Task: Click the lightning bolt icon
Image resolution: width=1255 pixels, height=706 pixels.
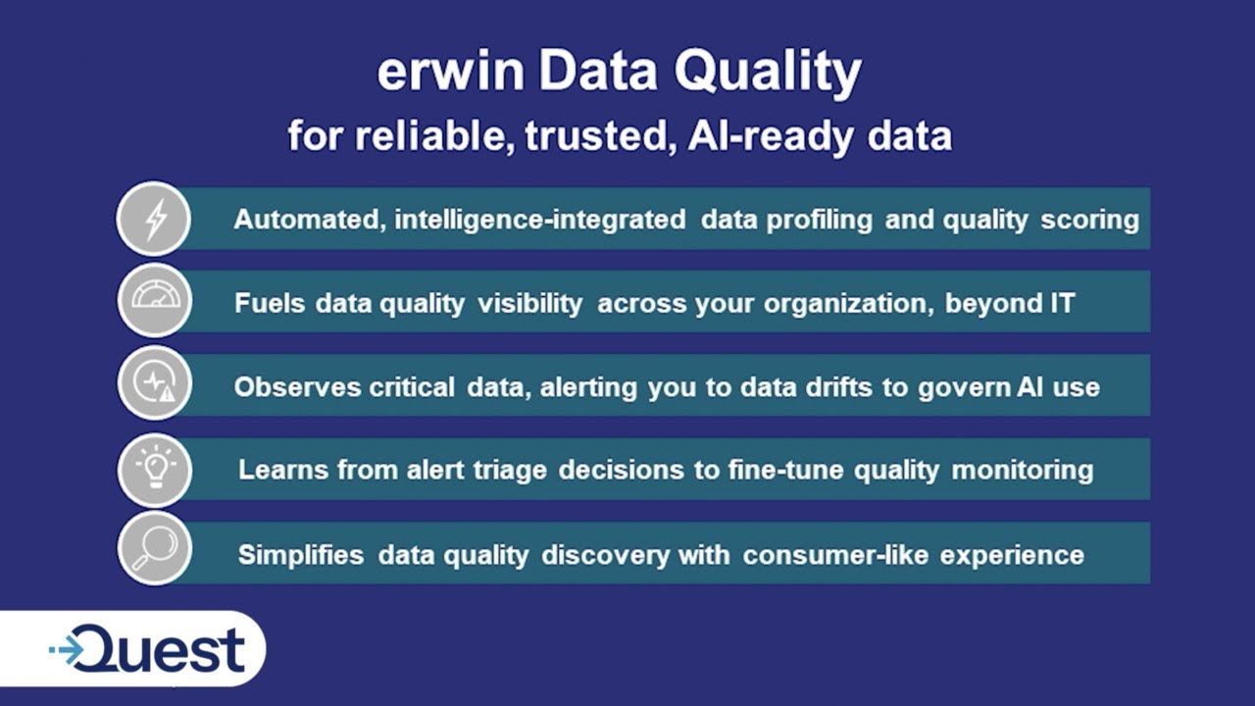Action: [x=154, y=219]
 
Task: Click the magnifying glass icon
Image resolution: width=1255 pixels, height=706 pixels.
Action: [x=154, y=549]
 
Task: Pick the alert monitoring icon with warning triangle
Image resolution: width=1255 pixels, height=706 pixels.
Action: [x=154, y=384]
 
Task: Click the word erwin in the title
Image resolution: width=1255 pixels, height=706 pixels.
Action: [x=450, y=73]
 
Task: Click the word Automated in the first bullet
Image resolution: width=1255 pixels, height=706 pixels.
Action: [x=307, y=220]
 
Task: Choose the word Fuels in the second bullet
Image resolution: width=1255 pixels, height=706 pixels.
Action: [x=270, y=303]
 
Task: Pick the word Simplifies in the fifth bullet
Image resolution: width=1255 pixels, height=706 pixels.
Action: [x=301, y=555]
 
